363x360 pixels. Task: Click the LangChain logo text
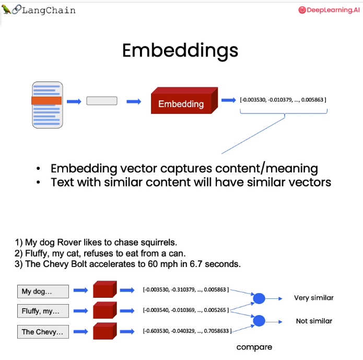click(x=49, y=10)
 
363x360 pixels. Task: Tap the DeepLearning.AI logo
click(x=329, y=10)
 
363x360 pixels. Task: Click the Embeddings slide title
click(x=180, y=51)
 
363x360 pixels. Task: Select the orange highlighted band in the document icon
click(x=46, y=101)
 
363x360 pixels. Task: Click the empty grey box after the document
click(x=102, y=101)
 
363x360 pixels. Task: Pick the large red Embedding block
click(x=184, y=100)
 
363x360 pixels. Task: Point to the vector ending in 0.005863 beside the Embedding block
click(x=283, y=100)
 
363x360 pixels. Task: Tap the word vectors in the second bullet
click(x=310, y=182)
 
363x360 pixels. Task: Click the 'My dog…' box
click(x=43, y=292)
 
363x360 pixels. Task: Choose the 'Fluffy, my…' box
click(x=43, y=311)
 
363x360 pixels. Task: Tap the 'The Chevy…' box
click(x=43, y=332)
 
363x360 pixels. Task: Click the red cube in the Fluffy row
click(x=105, y=310)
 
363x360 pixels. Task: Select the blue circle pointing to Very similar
click(x=259, y=298)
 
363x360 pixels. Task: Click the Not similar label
click(x=314, y=321)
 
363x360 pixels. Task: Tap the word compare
click(x=254, y=347)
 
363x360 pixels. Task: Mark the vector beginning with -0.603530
click(x=187, y=331)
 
